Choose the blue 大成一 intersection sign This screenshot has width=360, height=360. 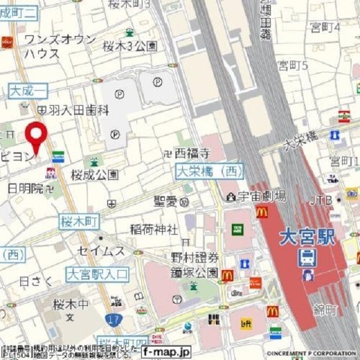[x=27, y=91]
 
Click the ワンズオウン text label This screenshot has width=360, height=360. [x=59, y=39]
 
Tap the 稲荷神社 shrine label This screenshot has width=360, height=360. [x=153, y=229]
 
